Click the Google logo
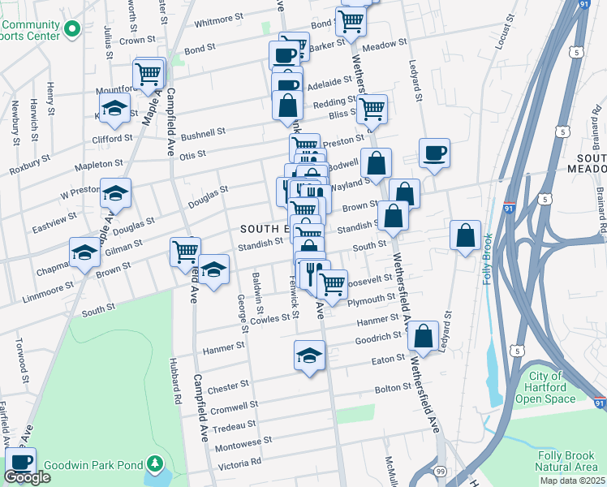point(27,477)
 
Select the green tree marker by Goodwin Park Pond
point(154,465)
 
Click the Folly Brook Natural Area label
point(567,460)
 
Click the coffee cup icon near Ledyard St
point(434,153)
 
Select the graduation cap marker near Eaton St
point(308,355)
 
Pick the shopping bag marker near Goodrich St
point(423,336)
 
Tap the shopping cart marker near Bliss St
point(372,109)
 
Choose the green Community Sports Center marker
point(71,29)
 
